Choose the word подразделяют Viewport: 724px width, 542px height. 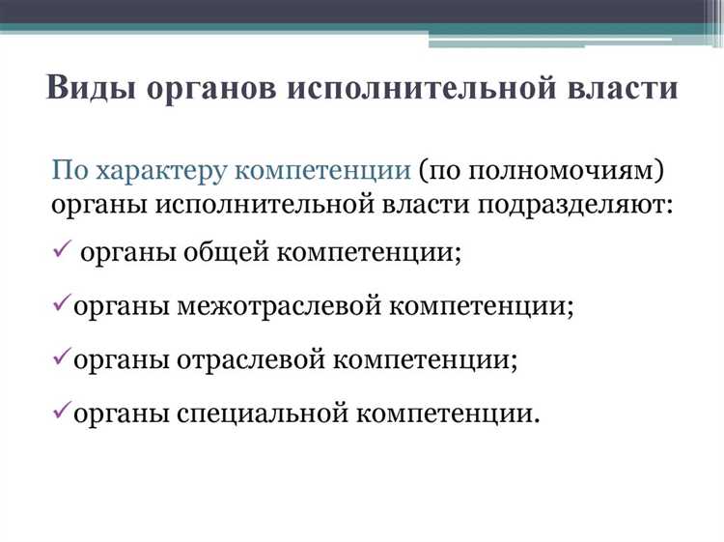click(572, 206)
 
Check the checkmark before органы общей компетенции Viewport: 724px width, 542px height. click(60, 251)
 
